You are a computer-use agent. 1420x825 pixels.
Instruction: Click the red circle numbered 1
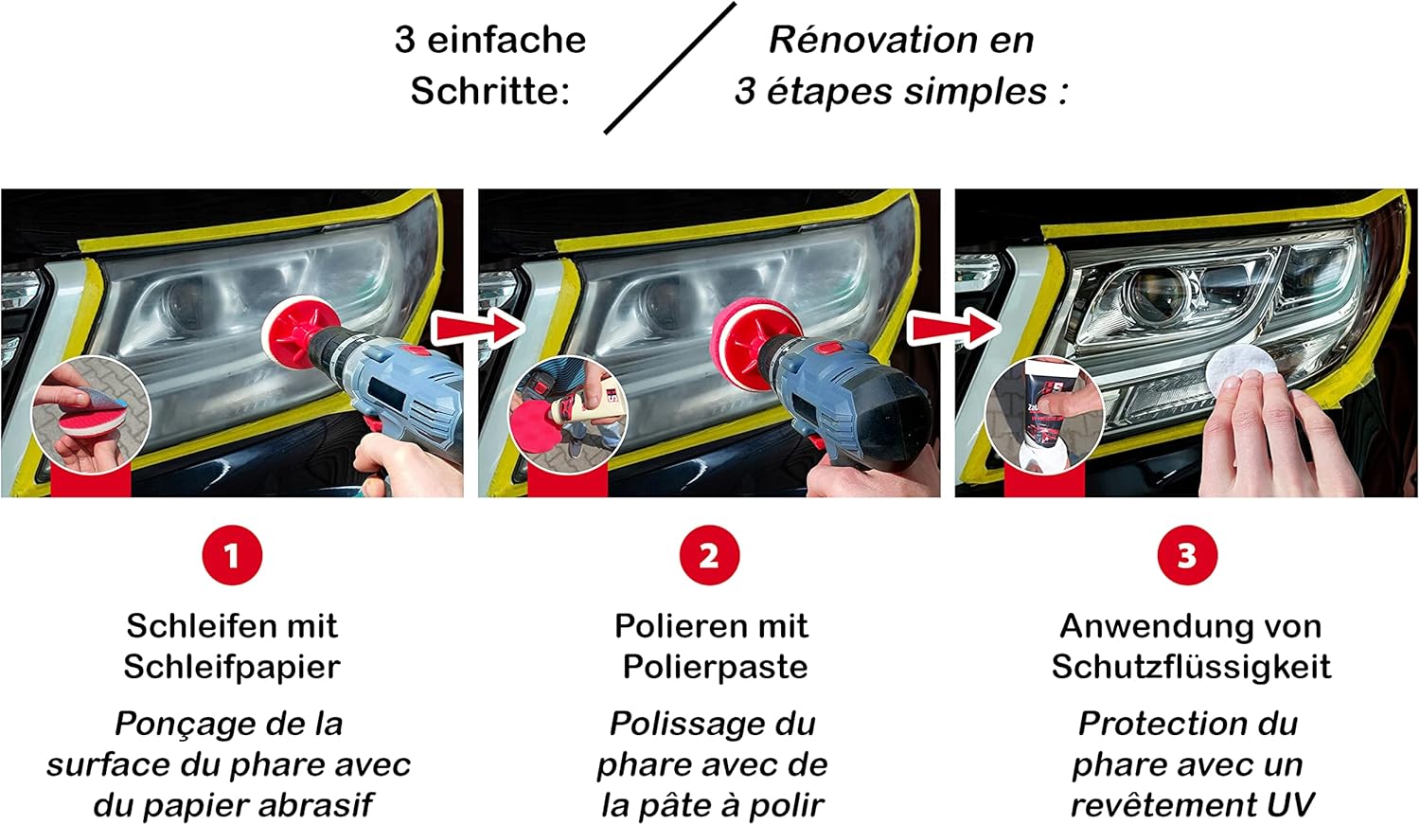pyautogui.click(x=232, y=555)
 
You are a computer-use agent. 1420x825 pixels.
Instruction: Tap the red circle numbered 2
pyautogui.click(x=709, y=555)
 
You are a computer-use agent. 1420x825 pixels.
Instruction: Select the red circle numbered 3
pyautogui.click(x=1187, y=555)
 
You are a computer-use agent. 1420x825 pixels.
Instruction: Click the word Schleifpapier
pyautogui.click(x=232, y=667)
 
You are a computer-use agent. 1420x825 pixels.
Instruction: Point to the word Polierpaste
pyautogui.click(x=715, y=667)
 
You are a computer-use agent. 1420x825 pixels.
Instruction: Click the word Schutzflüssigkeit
pyautogui.click(x=1191, y=667)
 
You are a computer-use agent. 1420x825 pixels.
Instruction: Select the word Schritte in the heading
pyautogui.click(x=490, y=91)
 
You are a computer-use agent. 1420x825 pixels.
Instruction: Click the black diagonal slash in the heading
pyautogui.click(x=670, y=68)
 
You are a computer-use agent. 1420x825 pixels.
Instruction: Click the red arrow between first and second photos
pyautogui.click(x=478, y=329)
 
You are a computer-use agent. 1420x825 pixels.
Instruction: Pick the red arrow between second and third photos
pyautogui.click(x=954, y=329)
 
